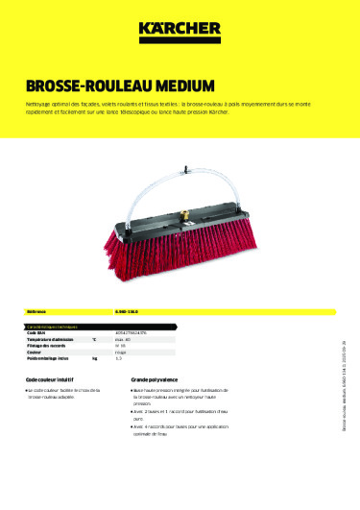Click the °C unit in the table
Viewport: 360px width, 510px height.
point(94,340)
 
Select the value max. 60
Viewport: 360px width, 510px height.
point(138,340)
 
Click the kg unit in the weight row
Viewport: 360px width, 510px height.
point(94,358)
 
